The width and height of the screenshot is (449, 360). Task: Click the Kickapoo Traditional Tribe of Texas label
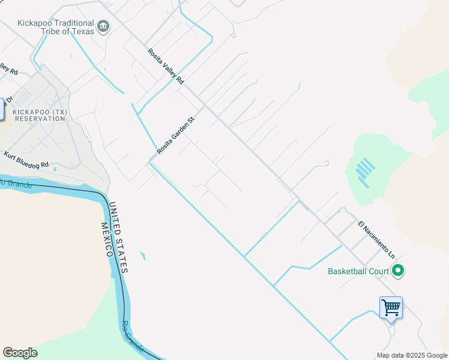(56, 26)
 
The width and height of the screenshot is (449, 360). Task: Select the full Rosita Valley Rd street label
(166, 65)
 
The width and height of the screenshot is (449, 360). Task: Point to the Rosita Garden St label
(176, 136)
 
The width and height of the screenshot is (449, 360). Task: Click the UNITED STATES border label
(116, 238)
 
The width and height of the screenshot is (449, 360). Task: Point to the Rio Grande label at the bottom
(133, 337)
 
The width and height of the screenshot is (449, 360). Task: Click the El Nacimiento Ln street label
(376, 239)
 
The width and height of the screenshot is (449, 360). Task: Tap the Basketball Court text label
(358, 271)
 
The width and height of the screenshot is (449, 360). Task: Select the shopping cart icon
(391, 308)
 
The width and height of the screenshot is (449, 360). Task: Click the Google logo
(20, 353)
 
